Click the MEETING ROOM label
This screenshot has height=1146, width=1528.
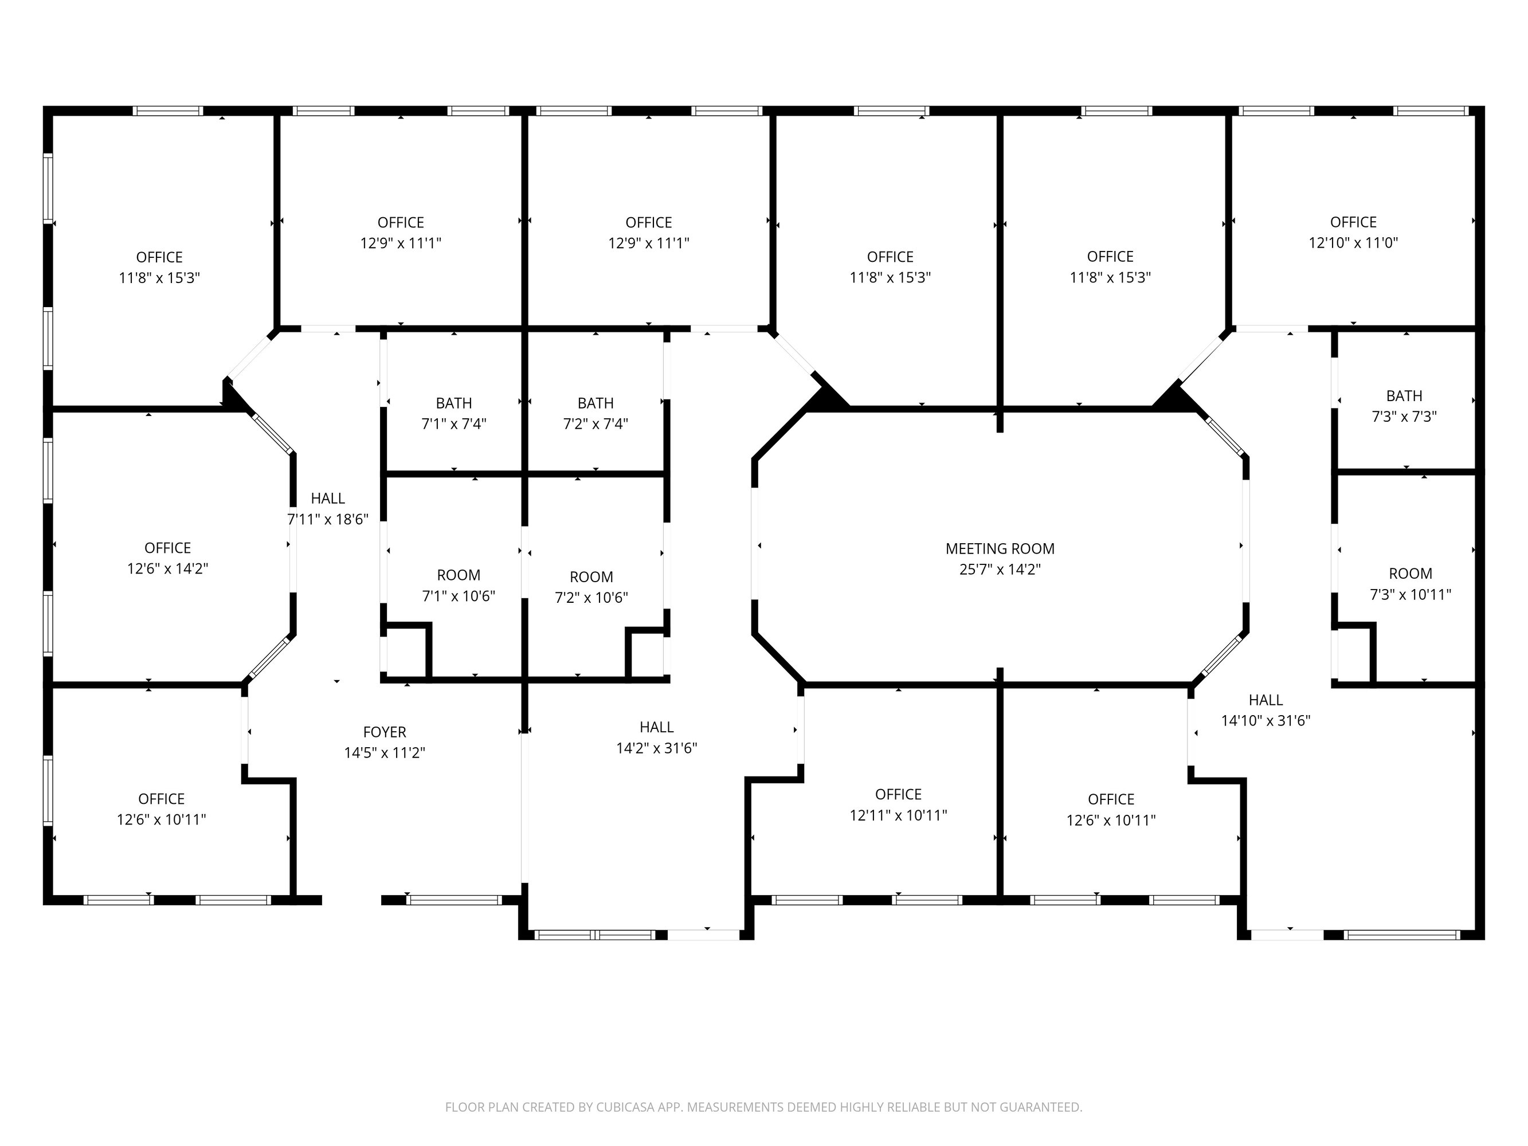[x=1000, y=548]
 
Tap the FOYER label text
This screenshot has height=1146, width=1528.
[x=385, y=732]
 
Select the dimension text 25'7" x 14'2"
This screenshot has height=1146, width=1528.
[x=1000, y=569]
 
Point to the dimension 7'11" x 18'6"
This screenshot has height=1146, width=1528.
[x=327, y=519]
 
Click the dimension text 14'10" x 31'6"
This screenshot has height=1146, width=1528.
[x=1266, y=720]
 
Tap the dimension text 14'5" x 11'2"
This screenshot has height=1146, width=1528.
[x=385, y=752]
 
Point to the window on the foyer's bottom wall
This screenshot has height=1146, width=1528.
[x=454, y=900]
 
